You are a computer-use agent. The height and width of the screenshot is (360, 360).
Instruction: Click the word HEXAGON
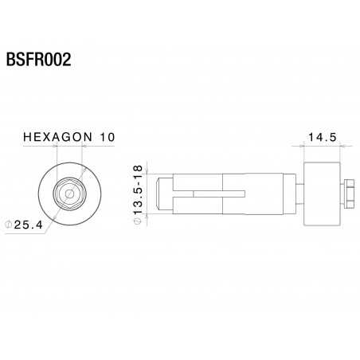61,138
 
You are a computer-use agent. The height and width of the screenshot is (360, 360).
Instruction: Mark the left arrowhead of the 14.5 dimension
306,146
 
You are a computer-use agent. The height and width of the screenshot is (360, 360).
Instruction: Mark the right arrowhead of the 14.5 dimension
339,146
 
